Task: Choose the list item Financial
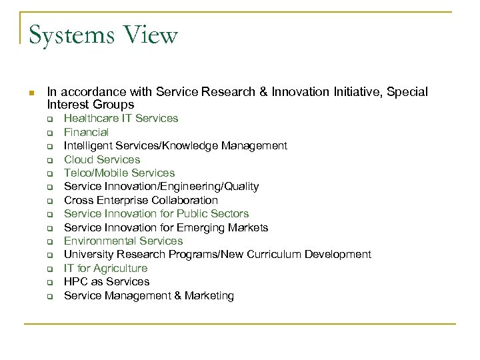pos(86,132)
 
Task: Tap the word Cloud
pos(79,159)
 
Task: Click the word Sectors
pos(229,213)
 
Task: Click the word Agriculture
pos(121,268)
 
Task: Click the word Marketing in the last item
pos(206,295)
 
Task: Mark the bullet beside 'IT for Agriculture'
pos(49,269)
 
